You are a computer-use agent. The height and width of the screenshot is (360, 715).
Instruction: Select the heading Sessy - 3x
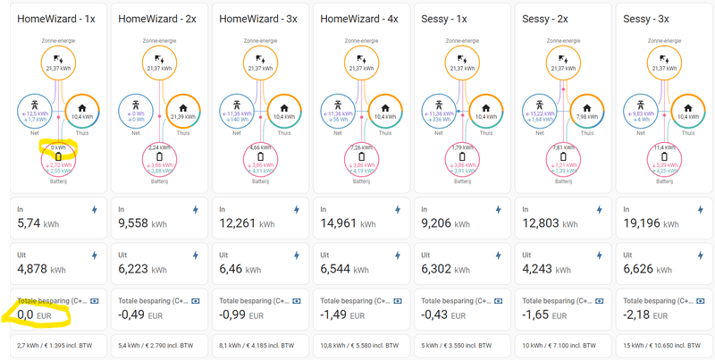[649, 18]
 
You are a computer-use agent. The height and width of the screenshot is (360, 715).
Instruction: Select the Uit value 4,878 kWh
[41, 268]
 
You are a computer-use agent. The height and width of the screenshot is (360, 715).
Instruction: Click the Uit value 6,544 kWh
[345, 268]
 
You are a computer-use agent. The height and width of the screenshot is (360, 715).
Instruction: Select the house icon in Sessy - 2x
[585, 106]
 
